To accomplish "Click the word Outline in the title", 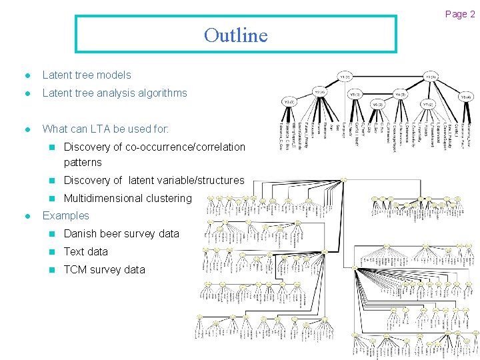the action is tap(235, 35).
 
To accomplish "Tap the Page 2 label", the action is tap(460, 14).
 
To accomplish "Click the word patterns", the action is tap(83, 163).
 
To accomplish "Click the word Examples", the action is tap(65, 216).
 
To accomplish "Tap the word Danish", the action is tap(80, 234).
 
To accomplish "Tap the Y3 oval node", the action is tap(289, 102).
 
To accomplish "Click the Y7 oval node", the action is tap(427, 105).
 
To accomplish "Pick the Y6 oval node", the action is tap(378, 105).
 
